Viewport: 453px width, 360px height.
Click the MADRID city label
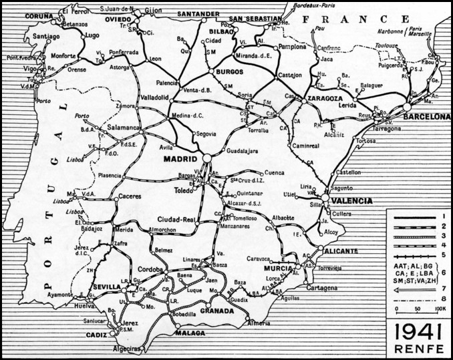point(182,160)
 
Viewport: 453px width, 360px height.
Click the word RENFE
point(418,349)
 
